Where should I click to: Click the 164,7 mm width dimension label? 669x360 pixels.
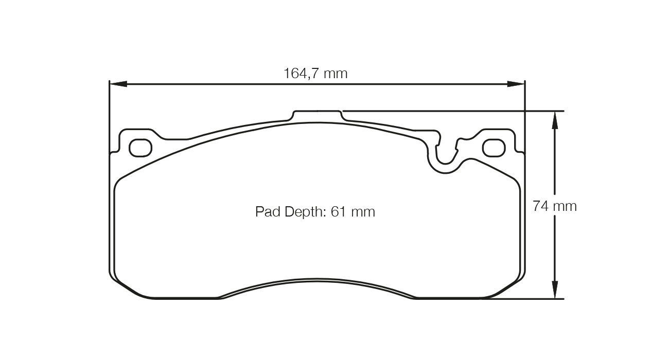coord(315,74)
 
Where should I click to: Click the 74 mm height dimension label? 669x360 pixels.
coord(555,206)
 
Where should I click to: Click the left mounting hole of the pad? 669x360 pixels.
coord(140,148)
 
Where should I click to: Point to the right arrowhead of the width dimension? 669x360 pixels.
coord(516,84)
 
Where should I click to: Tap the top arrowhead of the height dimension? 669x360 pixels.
coord(555,119)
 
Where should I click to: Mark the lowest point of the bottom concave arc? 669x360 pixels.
coord(316,280)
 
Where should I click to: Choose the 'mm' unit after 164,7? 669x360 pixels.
coord(336,74)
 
